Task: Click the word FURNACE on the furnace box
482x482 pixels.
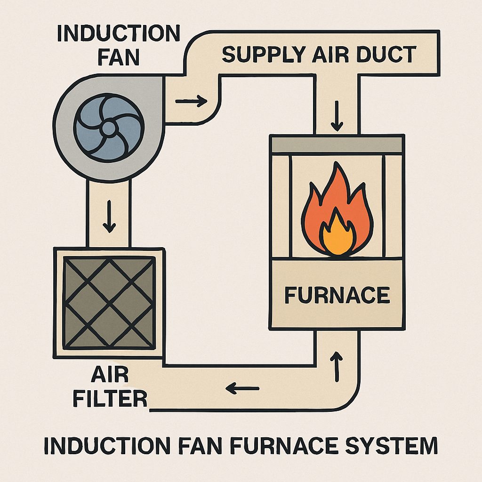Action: coord(337,295)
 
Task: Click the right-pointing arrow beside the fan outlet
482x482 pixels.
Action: coord(191,100)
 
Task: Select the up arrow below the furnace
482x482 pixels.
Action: coord(337,368)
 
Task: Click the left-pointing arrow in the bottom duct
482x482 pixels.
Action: coord(243,389)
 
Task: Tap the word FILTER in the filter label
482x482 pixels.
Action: coord(116,399)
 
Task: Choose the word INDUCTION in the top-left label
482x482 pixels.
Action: coord(118,34)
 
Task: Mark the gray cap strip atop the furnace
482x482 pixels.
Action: coord(337,145)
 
